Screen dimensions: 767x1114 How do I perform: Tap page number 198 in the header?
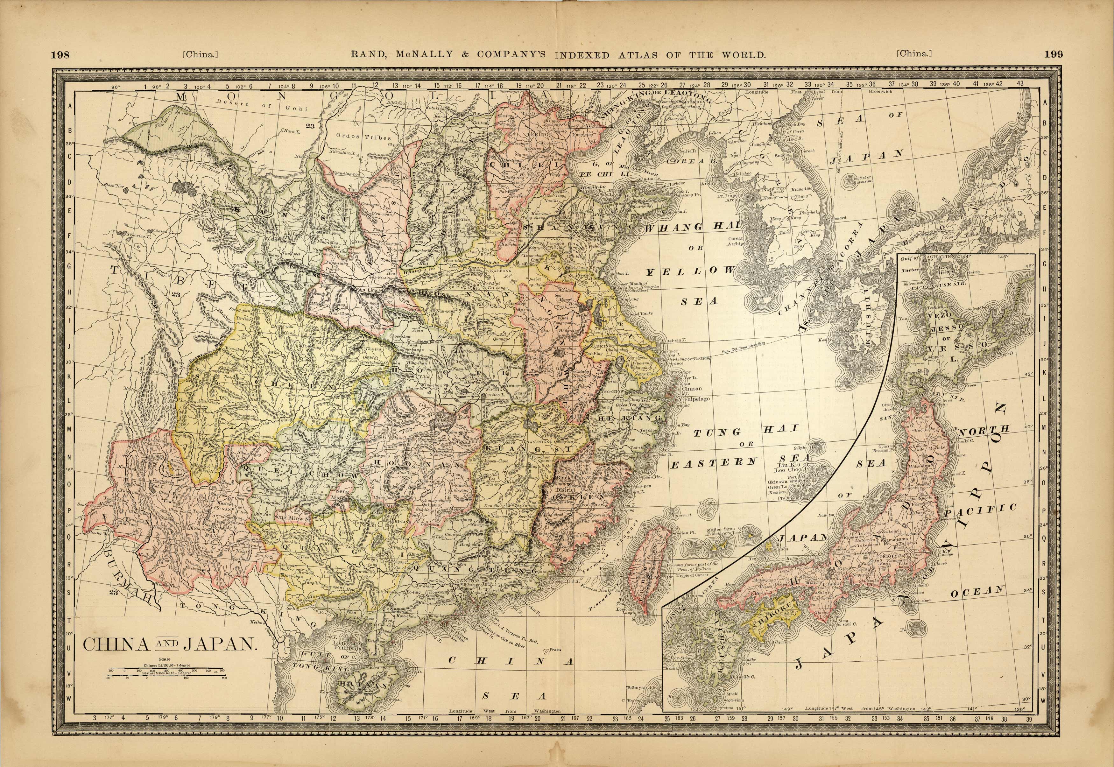tap(60, 54)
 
